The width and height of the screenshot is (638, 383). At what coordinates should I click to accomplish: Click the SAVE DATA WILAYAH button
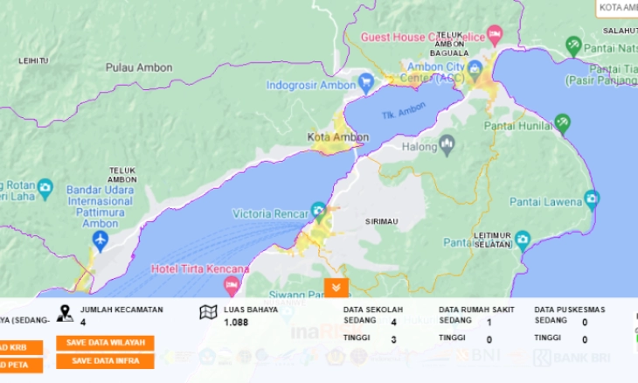click(105, 343)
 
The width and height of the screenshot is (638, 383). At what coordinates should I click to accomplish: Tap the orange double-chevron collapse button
click(336, 288)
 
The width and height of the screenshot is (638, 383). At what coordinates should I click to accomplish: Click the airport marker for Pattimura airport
click(100, 239)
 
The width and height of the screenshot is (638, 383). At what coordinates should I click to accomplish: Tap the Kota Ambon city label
click(338, 137)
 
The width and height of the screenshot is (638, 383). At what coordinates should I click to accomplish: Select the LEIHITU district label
click(33, 60)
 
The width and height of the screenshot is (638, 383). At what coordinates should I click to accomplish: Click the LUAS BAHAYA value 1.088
click(236, 323)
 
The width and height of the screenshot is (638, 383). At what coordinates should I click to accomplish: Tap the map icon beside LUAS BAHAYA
click(208, 312)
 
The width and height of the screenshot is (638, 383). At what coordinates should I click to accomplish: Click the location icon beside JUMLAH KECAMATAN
click(65, 312)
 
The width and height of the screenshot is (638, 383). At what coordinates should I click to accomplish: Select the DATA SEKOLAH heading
click(372, 310)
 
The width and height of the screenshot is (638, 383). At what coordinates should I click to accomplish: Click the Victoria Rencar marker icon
click(319, 210)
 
